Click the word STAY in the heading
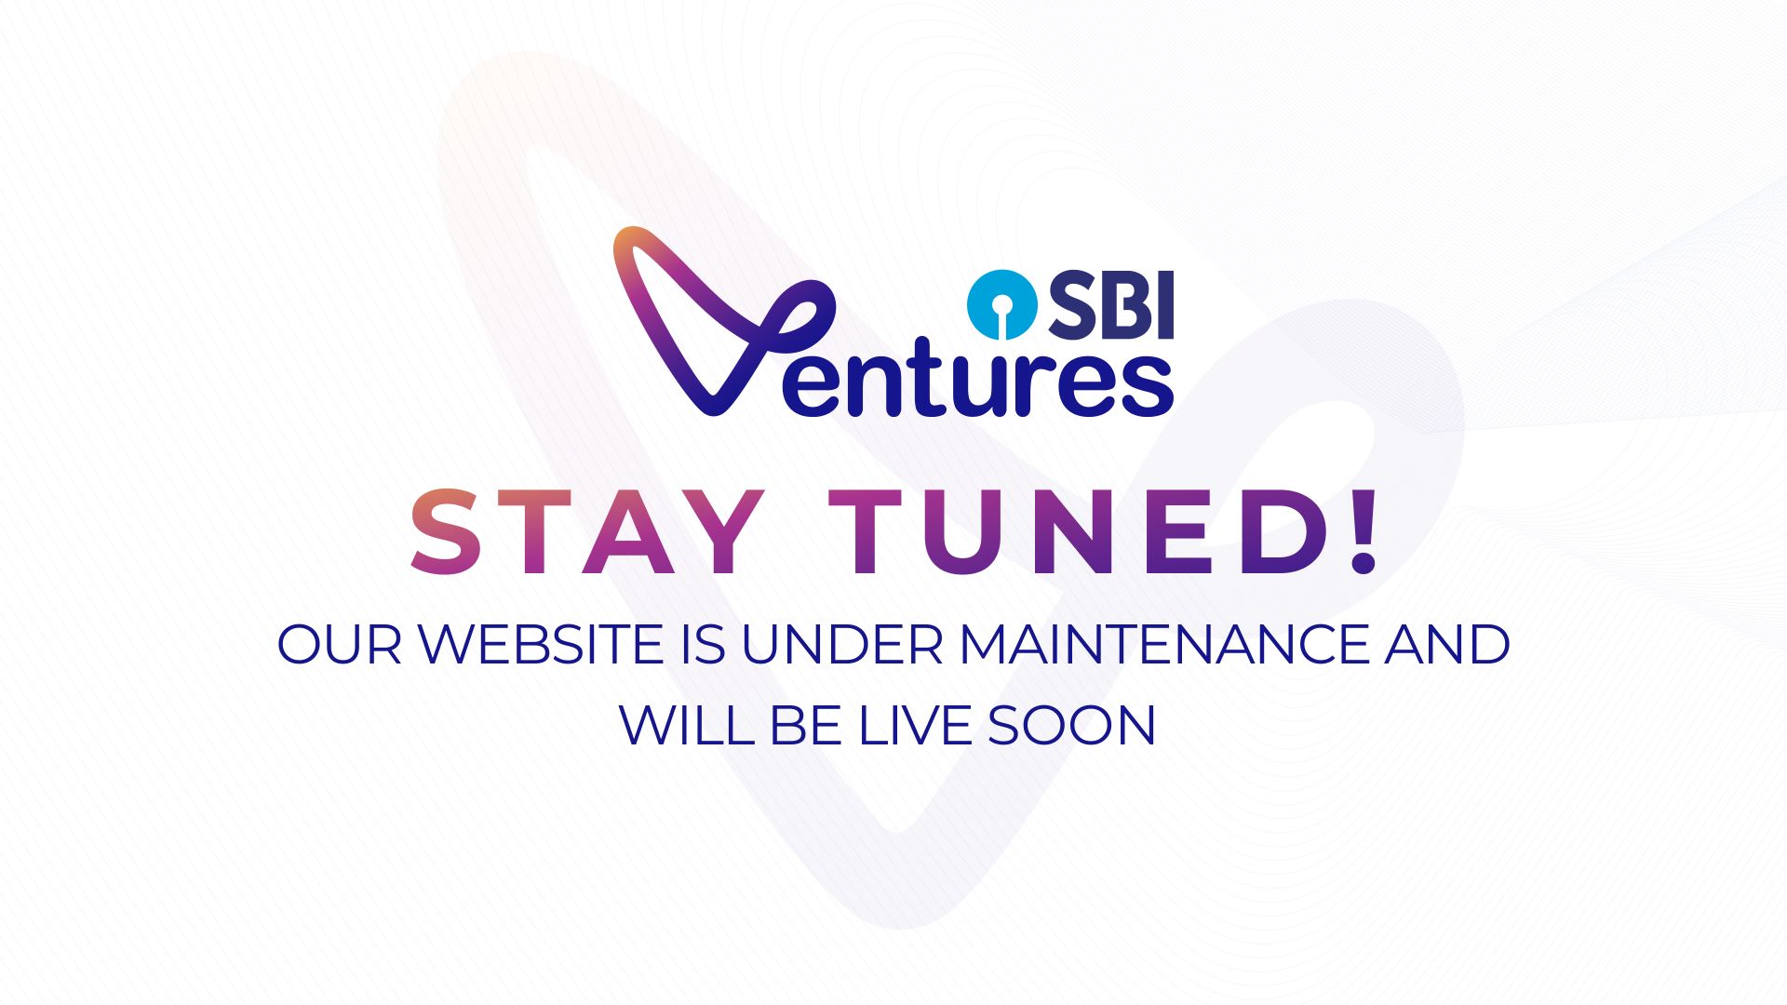click(584, 532)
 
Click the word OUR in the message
click(340, 644)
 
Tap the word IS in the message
click(703, 644)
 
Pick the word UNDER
click(842, 644)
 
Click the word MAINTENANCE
click(1164, 644)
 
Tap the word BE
click(806, 725)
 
